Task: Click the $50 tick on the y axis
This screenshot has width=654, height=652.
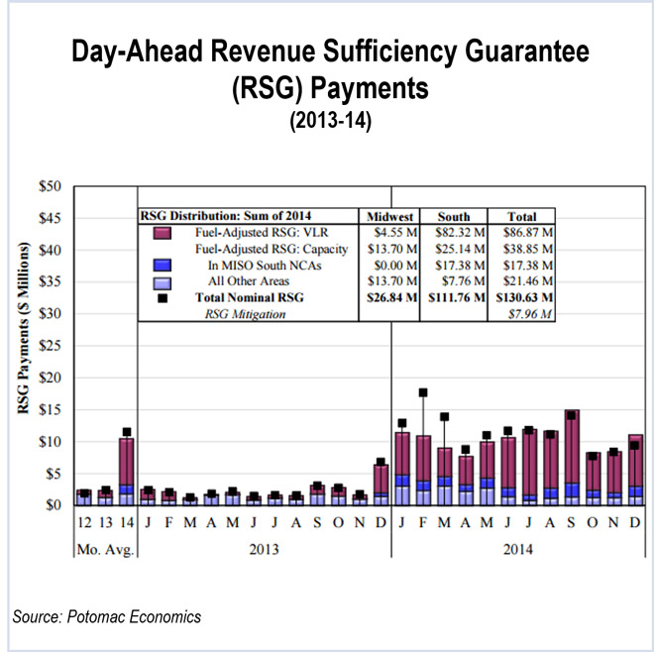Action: click(x=50, y=186)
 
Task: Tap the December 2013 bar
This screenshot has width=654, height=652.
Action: click(x=381, y=485)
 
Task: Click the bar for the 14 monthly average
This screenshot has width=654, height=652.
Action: click(x=127, y=471)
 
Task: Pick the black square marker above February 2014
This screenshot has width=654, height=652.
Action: click(x=423, y=393)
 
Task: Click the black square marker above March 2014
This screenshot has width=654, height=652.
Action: click(x=445, y=417)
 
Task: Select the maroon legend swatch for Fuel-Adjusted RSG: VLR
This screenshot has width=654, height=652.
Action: click(x=164, y=232)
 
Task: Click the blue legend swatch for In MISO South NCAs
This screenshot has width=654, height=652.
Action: click(x=164, y=265)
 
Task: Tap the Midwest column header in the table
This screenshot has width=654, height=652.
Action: click(x=389, y=216)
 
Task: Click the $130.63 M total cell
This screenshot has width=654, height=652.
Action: click(x=521, y=296)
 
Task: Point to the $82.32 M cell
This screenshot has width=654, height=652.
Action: click(x=456, y=232)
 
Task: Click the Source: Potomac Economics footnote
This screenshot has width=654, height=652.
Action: click(x=107, y=617)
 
